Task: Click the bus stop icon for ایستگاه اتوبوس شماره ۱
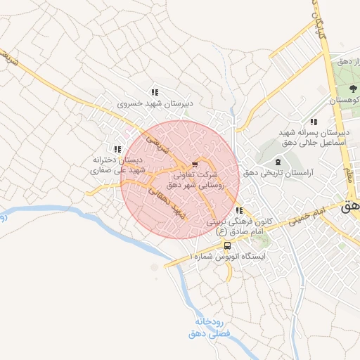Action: click(x=227, y=245)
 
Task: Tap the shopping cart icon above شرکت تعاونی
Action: click(x=195, y=163)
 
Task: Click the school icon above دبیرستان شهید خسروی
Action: click(x=154, y=92)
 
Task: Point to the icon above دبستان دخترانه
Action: click(x=117, y=149)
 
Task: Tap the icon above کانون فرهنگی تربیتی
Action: click(x=239, y=210)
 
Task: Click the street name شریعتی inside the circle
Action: click(x=158, y=146)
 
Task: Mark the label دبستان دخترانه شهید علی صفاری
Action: click(x=118, y=165)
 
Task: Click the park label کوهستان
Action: click(x=345, y=101)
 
